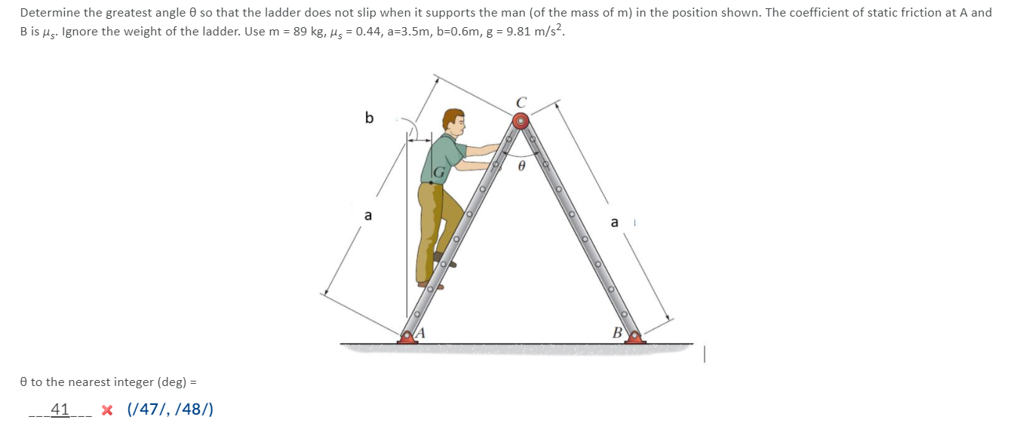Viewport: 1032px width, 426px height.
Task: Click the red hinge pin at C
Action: [521, 121]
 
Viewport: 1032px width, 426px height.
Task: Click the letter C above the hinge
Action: [521, 103]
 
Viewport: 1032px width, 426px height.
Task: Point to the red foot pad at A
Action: [408, 337]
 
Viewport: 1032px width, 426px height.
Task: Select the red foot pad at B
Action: [635, 337]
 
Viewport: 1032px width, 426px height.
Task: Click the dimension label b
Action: [369, 118]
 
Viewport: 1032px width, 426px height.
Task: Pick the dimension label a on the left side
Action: [368, 216]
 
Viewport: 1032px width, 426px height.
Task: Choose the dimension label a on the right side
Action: [614, 222]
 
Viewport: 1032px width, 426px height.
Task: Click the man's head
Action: [453, 121]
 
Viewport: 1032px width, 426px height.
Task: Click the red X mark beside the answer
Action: [108, 410]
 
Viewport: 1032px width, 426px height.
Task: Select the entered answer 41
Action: [60, 409]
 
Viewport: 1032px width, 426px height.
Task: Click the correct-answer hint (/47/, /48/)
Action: [170, 409]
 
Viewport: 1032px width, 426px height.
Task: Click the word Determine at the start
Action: [48, 13]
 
